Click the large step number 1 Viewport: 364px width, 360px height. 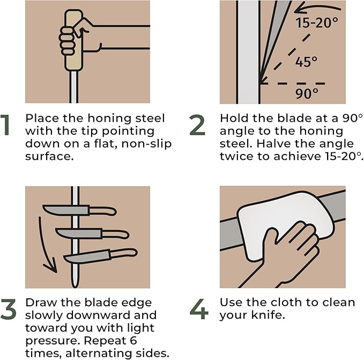5,124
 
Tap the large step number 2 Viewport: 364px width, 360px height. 197,124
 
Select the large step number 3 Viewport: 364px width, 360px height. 9,309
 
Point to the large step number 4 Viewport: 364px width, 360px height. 199,309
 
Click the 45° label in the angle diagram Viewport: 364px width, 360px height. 307,62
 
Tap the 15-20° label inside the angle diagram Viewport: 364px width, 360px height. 317,23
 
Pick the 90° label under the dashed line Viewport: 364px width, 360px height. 307,93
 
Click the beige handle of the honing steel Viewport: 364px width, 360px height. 73,40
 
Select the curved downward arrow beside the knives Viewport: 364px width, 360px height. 44,246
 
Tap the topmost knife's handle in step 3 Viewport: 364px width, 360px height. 103,211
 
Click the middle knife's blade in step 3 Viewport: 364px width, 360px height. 79,233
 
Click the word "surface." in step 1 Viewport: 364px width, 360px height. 49,156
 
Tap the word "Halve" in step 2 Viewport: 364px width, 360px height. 271,144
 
